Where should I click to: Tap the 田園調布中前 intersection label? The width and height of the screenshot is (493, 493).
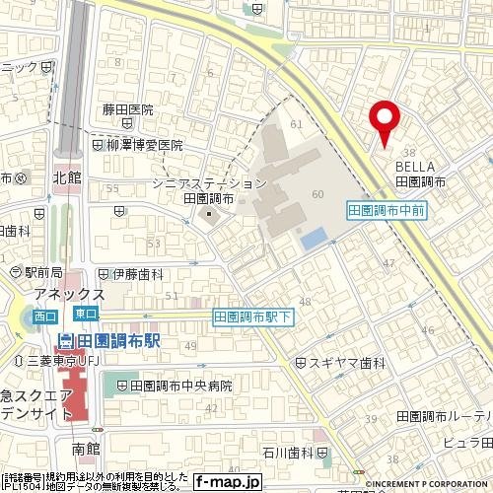387,210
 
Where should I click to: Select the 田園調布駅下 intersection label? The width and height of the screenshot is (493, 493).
253,317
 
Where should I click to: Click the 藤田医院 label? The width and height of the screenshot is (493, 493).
128,110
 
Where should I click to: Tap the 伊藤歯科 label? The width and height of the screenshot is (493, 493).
136,274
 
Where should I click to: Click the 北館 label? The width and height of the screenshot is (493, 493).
66,178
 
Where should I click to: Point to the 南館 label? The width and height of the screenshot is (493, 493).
86,449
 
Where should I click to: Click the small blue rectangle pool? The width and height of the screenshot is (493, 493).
314,238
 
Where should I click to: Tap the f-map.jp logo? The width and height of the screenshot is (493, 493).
227,482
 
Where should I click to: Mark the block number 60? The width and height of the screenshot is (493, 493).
317,194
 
